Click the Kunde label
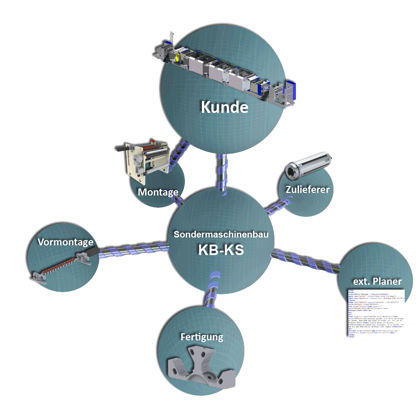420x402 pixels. (x=224, y=107)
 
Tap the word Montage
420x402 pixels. (x=158, y=192)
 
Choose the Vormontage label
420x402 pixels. (x=65, y=242)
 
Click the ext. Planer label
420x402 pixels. (x=377, y=280)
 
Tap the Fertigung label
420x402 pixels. (x=202, y=337)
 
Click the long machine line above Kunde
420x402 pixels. (x=223, y=70)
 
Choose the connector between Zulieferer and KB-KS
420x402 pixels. (x=276, y=205)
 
